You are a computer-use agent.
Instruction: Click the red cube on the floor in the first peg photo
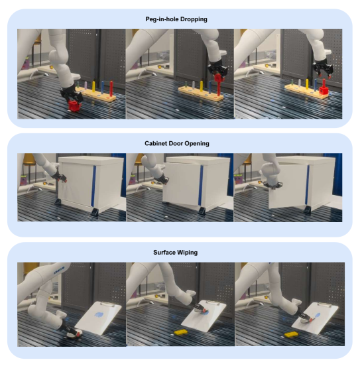coord(74,106)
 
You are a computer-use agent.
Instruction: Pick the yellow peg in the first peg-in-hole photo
coord(93,86)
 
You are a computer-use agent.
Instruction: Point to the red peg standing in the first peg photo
coord(111,88)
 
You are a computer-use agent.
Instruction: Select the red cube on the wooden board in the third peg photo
coord(324,90)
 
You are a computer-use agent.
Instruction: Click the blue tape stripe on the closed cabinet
coord(93,186)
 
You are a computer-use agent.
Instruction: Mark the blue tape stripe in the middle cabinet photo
coord(201,186)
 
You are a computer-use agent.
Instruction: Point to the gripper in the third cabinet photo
coord(273,184)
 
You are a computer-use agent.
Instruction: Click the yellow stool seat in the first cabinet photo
coord(30,158)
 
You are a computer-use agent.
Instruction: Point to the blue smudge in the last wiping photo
coord(316,316)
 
